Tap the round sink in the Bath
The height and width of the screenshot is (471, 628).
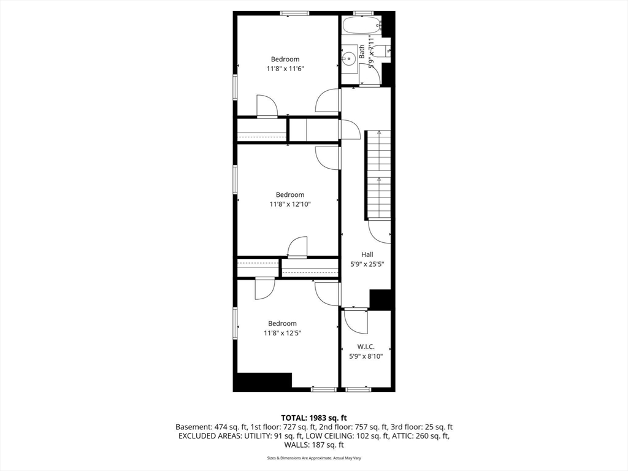348,59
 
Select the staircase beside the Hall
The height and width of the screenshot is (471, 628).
378,175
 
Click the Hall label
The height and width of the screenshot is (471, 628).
367,255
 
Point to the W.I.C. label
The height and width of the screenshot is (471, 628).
366,347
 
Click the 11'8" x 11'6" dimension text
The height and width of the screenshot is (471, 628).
285,69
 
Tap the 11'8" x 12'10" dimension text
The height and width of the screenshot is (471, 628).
289,204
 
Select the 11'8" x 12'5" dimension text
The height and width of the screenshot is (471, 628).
282,333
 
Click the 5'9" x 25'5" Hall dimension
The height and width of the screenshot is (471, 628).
367,264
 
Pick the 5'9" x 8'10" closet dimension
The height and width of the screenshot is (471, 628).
366,356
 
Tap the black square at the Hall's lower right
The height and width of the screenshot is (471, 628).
380,299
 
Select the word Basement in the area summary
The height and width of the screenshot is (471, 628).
193,427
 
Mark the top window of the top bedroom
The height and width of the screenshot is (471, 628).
294,13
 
